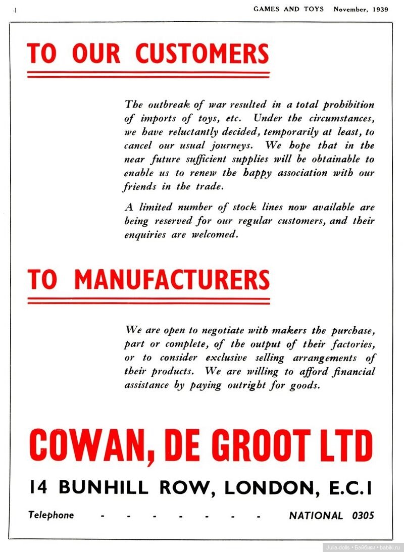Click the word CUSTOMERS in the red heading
(202, 54)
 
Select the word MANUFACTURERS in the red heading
(172, 279)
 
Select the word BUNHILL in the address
(104, 487)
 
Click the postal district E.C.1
(348, 487)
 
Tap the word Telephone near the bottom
(51, 515)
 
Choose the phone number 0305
(363, 516)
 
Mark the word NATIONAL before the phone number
(316, 516)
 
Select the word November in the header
(349, 9)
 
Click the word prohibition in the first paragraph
(349, 105)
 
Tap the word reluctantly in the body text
(189, 132)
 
